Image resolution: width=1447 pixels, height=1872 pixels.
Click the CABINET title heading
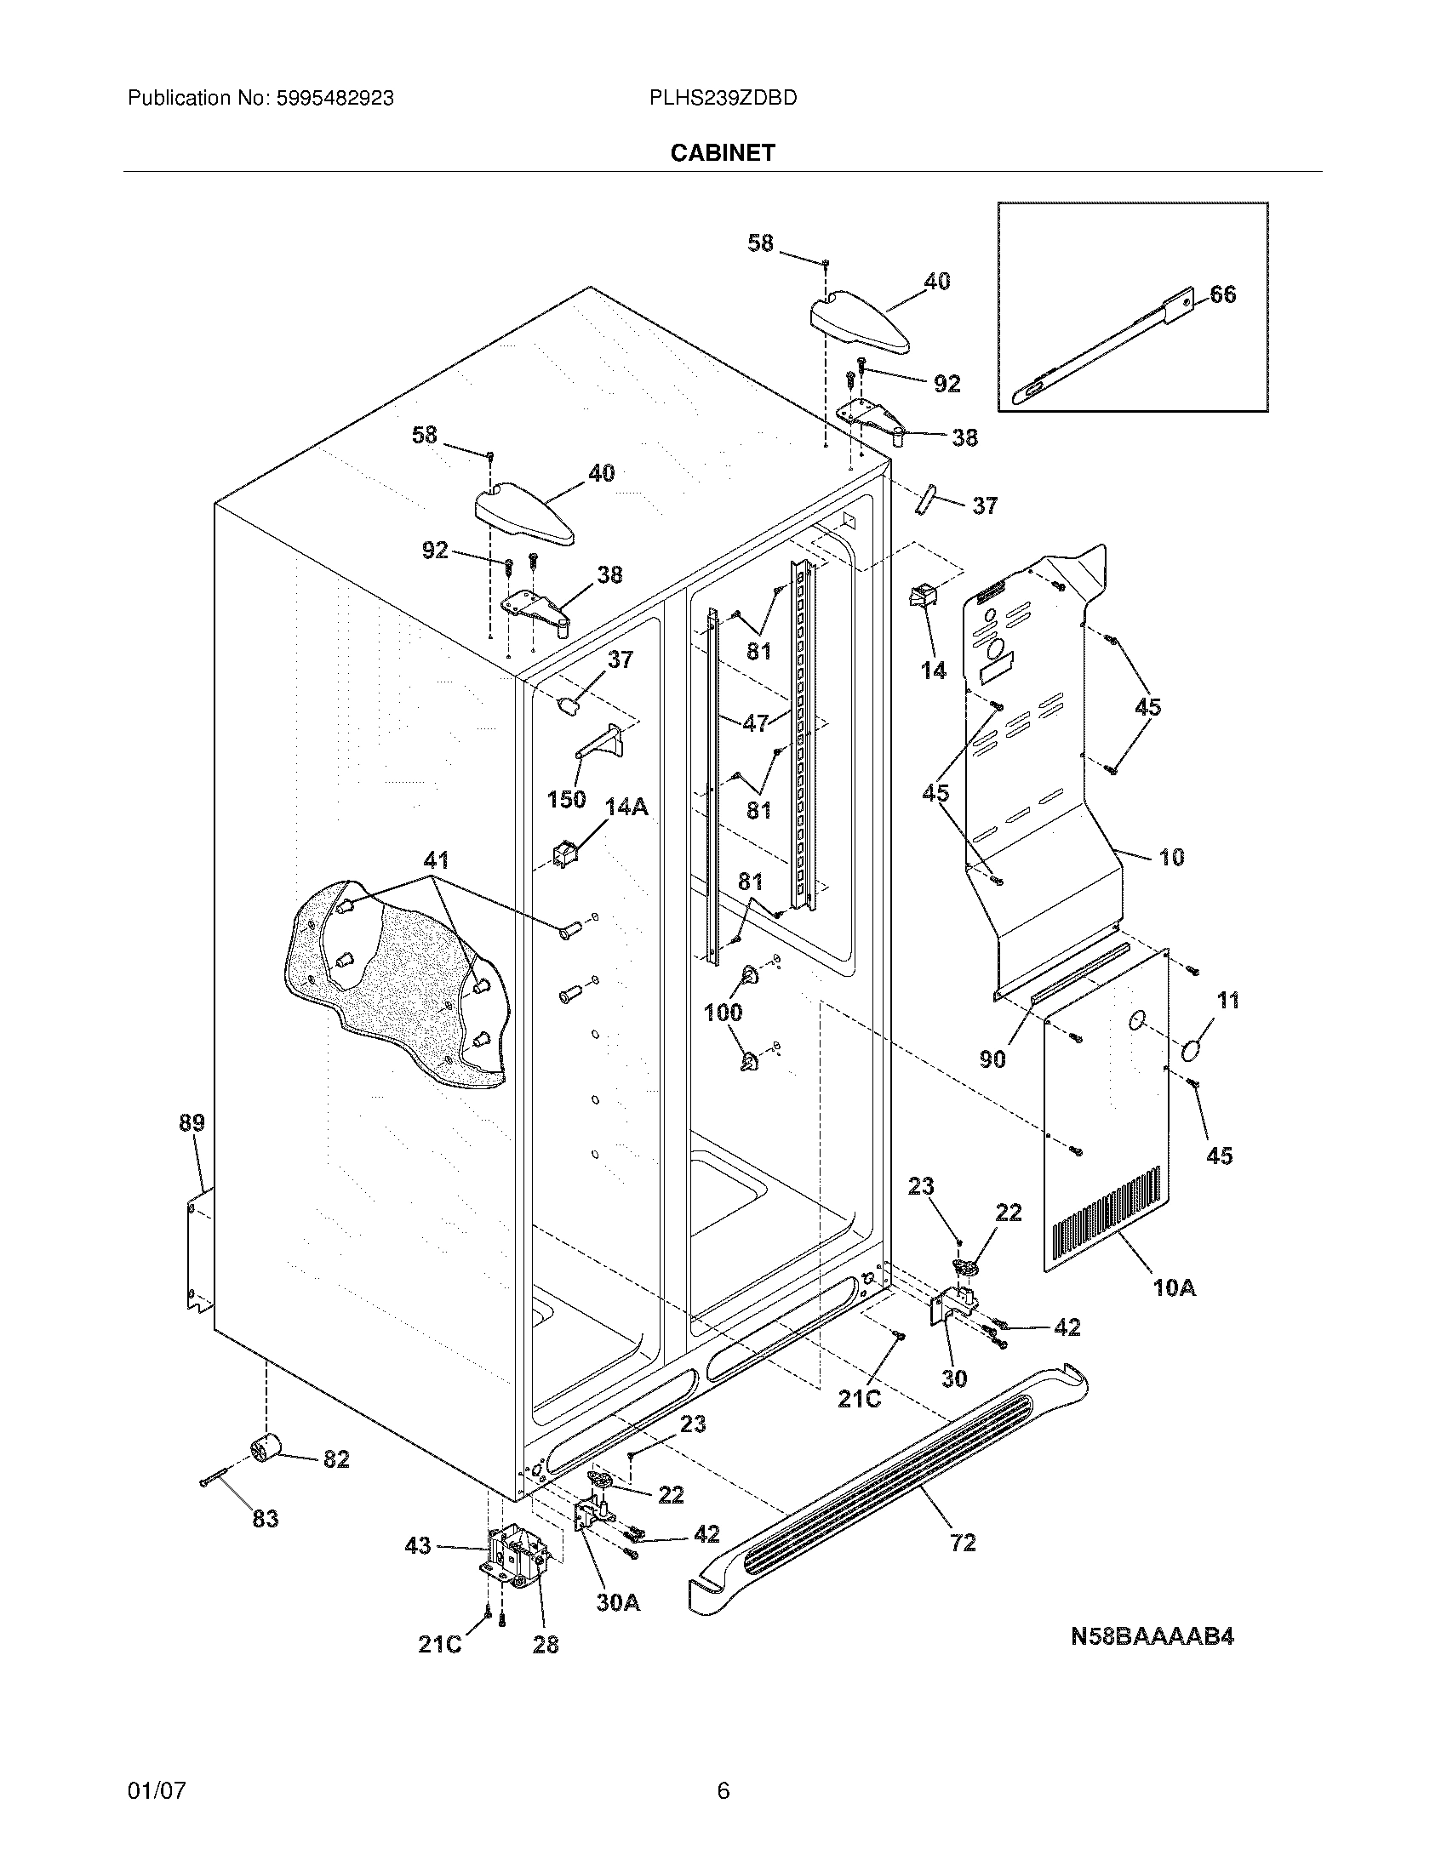click(722, 152)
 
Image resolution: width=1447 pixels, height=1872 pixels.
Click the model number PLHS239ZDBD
click(723, 99)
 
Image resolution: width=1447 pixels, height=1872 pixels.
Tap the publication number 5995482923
click(335, 99)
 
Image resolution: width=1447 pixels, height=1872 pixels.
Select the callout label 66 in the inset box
click(1222, 295)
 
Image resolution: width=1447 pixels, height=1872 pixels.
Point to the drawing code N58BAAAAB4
click(1152, 1636)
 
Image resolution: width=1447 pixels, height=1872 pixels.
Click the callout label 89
click(192, 1122)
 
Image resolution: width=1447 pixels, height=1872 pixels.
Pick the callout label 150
click(566, 799)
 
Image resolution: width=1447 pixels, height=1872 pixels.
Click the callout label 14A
click(626, 807)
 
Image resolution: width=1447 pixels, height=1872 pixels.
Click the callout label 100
click(723, 1013)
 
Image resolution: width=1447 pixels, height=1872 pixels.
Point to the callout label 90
click(992, 1059)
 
